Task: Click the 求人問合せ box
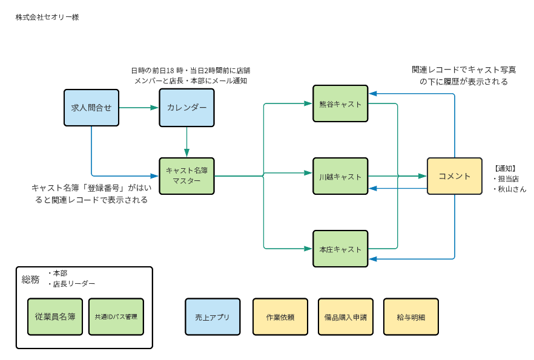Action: coord(91,108)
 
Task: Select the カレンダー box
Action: coord(186,108)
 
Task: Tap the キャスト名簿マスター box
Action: coord(186,176)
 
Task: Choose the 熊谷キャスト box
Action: coord(340,103)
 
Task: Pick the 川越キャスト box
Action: coord(340,176)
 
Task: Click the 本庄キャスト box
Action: coord(340,249)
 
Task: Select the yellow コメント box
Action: coord(454,176)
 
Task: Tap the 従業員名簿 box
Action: coord(56,316)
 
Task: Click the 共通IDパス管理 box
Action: coord(116,316)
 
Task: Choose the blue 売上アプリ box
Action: coord(213,316)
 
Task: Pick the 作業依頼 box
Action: coord(280,316)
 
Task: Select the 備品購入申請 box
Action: coord(345,316)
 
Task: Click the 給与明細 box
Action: coord(410,316)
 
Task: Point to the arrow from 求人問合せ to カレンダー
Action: coord(139,108)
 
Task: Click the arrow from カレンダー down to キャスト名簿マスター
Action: coord(186,142)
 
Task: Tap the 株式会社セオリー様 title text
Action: coord(47,17)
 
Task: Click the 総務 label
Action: coord(30,279)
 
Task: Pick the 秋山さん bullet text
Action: coord(510,189)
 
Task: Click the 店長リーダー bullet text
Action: coord(73,283)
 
